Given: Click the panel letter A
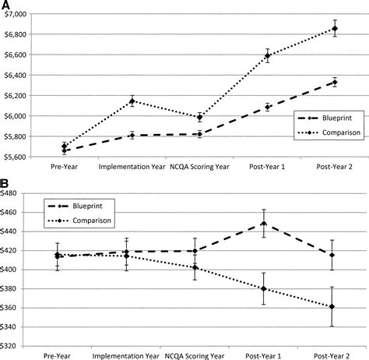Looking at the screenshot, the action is click(5, 5).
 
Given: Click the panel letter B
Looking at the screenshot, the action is click(5, 183).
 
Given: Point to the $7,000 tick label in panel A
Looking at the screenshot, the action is click(16, 14).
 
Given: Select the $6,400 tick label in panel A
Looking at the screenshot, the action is click(16, 75).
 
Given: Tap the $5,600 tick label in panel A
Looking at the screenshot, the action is click(16, 157).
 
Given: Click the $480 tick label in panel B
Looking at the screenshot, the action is click(9, 193).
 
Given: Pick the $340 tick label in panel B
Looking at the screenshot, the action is click(9, 326).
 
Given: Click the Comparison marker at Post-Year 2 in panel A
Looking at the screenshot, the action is click(335, 28).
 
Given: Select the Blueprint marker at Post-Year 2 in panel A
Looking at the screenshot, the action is click(335, 83).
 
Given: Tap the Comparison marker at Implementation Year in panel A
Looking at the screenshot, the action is click(132, 101).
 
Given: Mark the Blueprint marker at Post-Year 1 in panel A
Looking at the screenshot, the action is click(267, 107).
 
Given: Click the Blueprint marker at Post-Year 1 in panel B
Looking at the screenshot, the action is click(264, 223).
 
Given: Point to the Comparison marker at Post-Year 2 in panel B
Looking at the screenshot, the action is click(332, 307).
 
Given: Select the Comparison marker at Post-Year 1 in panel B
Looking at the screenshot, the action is click(264, 288).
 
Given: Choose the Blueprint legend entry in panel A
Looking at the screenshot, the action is click(325, 118).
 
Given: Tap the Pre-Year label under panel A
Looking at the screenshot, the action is click(64, 167).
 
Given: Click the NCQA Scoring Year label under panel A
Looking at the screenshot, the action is click(199, 167).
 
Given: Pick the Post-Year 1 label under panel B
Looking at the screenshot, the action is click(263, 356).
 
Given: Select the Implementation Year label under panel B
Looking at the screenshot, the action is click(126, 356).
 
